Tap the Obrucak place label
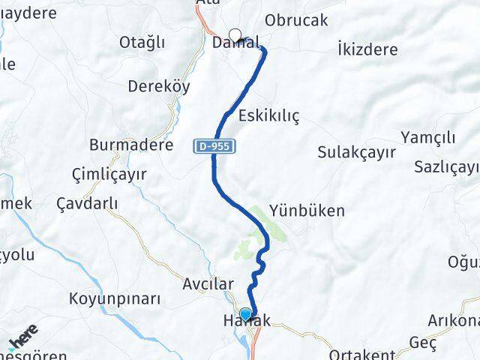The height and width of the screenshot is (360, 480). click(x=296, y=20)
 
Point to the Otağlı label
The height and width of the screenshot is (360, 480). click(x=142, y=42)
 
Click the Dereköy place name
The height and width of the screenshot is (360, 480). click(x=158, y=85)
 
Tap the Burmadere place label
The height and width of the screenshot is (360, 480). click(x=131, y=144)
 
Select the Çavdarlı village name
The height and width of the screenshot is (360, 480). click(x=88, y=203)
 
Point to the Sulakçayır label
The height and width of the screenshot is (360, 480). click(x=356, y=152)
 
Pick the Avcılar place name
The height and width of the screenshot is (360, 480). click(x=208, y=284)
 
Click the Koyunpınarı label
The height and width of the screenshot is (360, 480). click(x=115, y=298)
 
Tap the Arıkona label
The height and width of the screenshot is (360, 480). click(x=453, y=321)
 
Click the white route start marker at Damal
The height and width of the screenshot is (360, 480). click(x=235, y=35)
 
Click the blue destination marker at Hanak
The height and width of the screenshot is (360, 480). click(x=245, y=315)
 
